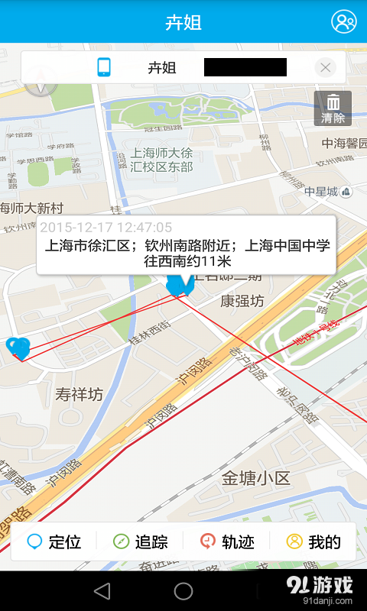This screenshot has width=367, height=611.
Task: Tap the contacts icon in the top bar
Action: click(x=343, y=21)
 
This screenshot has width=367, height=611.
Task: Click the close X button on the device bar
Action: click(x=326, y=67)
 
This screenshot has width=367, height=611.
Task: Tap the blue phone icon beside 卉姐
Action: click(x=105, y=67)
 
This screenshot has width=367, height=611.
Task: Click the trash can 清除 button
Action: click(x=333, y=108)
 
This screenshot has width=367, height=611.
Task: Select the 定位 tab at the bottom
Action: click(x=54, y=542)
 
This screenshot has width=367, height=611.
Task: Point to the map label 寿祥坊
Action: click(x=79, y=395)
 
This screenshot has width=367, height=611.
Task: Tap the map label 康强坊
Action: click(x=242, y=301)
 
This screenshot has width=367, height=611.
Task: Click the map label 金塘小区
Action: click(x=256, y=479)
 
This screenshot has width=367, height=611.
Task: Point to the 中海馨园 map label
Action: click(x=344, y=143)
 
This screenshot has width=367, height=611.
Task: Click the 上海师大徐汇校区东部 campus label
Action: click(x=161, y=159)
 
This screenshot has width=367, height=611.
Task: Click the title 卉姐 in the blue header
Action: click(x=183, y=22)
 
